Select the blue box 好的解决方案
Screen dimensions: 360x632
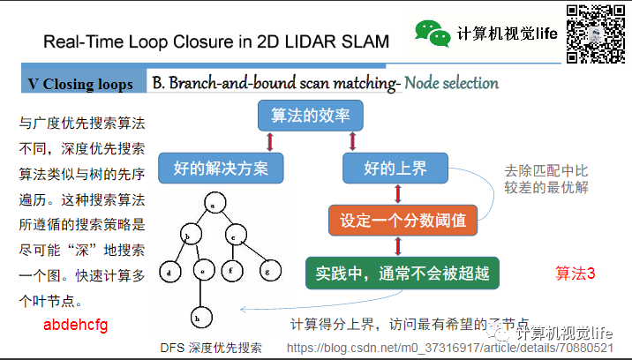pyautogui.click(x=220, y=166)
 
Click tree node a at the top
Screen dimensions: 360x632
pyautogui.click(x=213, y=206)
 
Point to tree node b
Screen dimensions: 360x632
pyautogui.click(x=186, y=236)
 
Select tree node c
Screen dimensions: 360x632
pyautogui.click(x=234, y=236)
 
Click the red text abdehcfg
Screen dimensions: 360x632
pyautogui.click(x=75, y=326)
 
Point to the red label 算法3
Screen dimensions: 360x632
pyautogui.click(x=575, y=274)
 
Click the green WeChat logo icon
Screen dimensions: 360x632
pyautogui.click(x=433, y=34)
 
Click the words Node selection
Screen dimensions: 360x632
pyautogui.click(x=452, y=83)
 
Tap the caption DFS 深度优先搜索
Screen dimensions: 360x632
pyautogui.click(x=211, y=348)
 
